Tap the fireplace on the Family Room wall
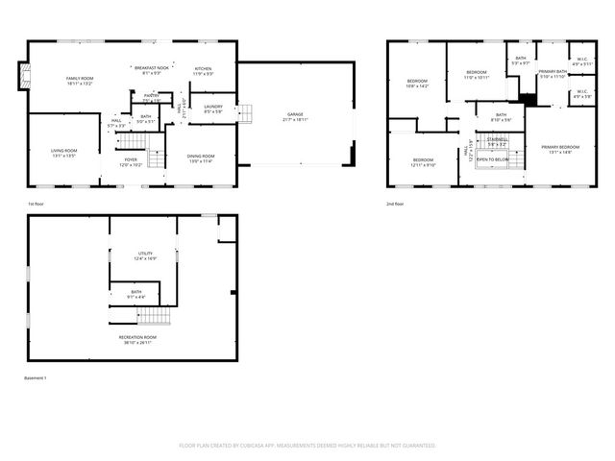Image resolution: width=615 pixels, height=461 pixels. (22, 76)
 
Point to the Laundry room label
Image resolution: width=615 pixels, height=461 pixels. (212, 109)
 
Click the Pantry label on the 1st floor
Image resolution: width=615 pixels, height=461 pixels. (151, 96)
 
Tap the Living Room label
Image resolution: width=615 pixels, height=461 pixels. (64, 151)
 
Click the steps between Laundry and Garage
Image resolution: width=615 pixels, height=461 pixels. (245, 112)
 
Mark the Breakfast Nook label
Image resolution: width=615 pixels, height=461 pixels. (152, 68)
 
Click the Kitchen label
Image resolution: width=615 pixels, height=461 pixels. (204, 69)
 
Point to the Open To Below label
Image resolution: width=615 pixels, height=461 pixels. (492, 159)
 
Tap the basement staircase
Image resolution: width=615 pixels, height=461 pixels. (157, 317)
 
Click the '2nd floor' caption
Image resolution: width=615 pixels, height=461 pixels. (394, 204)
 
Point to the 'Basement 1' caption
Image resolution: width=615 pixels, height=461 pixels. (36, 377)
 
